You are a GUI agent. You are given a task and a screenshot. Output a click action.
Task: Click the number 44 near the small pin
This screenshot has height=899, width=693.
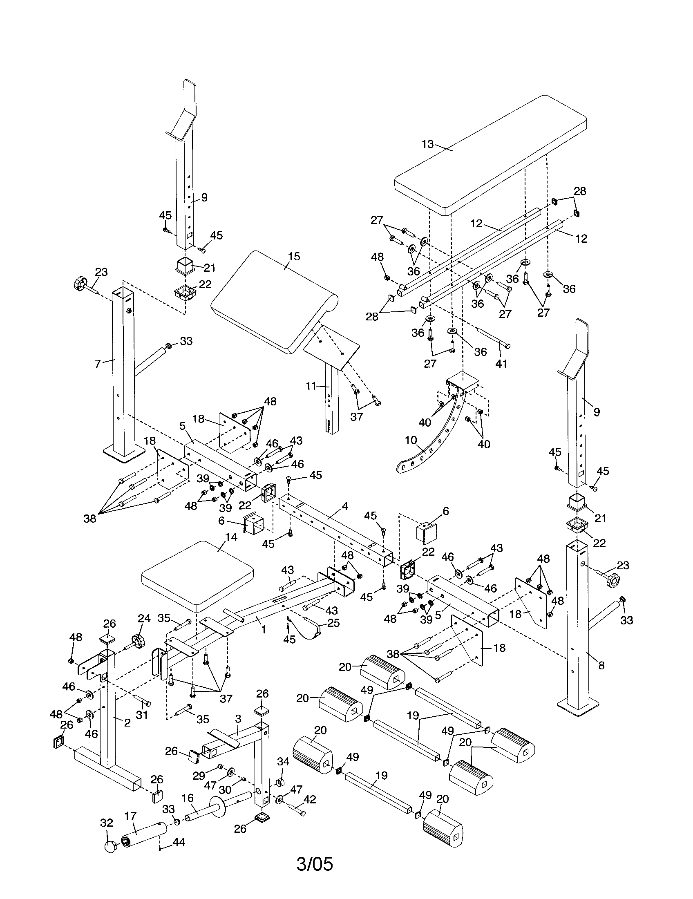point(179,842)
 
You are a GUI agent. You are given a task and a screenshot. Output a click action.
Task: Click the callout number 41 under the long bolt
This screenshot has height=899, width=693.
point(501,363)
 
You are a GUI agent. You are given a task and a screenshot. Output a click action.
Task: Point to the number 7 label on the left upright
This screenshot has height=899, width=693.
point(97,364)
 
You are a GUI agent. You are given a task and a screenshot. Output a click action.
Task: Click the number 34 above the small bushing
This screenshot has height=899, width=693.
point(283,762)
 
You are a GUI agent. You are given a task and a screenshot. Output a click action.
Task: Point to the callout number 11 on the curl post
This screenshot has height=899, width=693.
point(311,386)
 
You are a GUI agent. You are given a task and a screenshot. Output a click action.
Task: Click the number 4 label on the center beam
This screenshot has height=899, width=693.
point(345,507)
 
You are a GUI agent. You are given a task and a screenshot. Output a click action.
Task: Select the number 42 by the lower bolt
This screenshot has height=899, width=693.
point(309,799)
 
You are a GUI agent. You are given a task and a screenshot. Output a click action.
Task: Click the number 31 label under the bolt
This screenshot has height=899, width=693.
point(141,715)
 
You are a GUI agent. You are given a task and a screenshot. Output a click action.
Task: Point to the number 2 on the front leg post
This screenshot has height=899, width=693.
point(127,722)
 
